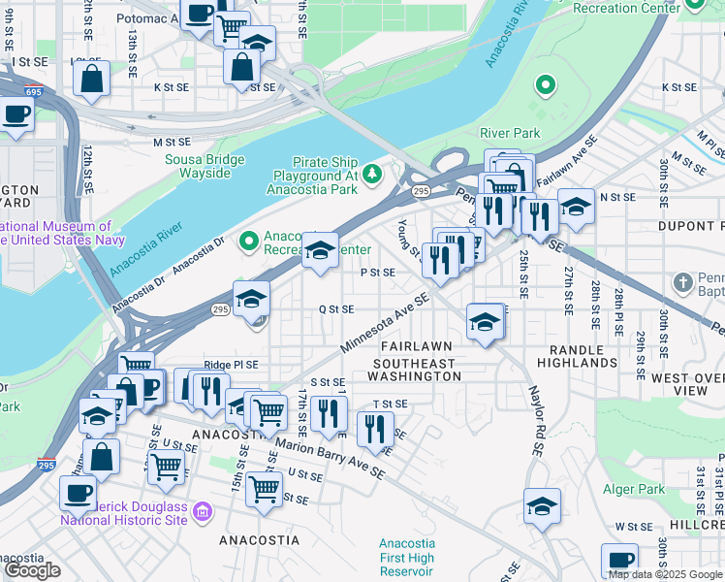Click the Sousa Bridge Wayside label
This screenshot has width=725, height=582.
pyautogui.click(x=198, y=167)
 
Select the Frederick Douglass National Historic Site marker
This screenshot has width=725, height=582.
pyautogui.click(x=203, y=511)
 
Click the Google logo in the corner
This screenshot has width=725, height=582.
pyautogui.click(x=33, y=569)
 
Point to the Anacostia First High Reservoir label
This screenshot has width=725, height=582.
pyautogui.click(x=406, y=558)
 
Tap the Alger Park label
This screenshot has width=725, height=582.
pyautogui.click(x=634, y=490)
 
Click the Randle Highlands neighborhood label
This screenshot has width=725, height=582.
pyautogui.click(x=583, y=356)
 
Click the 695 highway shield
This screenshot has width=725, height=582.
pyautogui.click(x=34, y=91)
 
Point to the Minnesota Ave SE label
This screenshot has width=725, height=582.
pyautogui.click(x=384, y=326)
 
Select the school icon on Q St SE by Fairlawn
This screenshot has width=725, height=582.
pyautogui.click(x=485, y=322)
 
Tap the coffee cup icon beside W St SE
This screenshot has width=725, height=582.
pyautogui.click(x=619, y=560)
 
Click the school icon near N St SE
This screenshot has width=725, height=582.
pyautogui.click(x=576, y=206)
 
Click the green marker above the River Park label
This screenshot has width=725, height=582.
pyautogui.click(x=546, y=85)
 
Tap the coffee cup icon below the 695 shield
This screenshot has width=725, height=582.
pyautogui.click(x=16, y=113)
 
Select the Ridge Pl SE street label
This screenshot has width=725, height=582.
pyautogui.click(x=231, y=365)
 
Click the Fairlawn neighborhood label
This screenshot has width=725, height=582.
pyautogui.click(x=416, y=346)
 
